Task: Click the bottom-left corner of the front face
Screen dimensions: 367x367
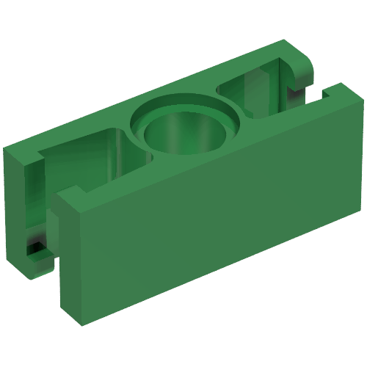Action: click(x=81, y=323)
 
